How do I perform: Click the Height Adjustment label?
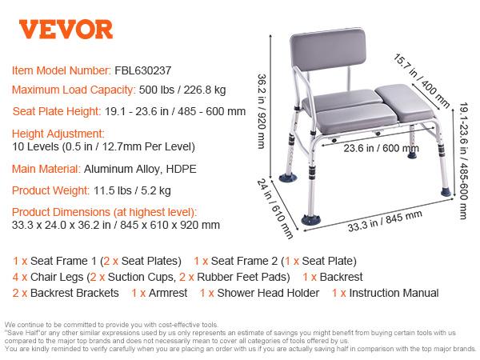pyautogui.click(x=58, y=133)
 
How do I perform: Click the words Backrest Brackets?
pyautogui.click(x=70, y=293)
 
